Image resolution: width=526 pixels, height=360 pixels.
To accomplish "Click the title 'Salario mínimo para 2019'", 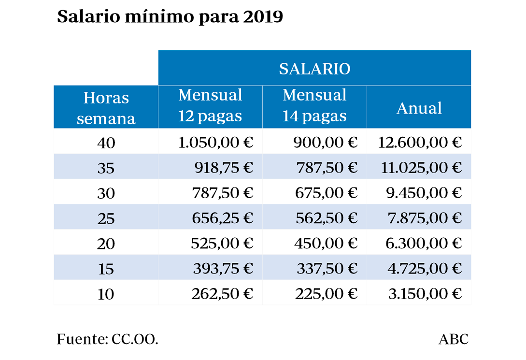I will coord(170,16).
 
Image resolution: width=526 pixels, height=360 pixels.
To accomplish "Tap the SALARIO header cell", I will coord(314,69).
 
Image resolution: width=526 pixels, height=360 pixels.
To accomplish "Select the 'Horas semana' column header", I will coord(106,107).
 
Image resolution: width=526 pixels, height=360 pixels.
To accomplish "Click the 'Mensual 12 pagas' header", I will coord(210,106).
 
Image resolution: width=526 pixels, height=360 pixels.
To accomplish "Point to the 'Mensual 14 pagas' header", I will coord(314,106).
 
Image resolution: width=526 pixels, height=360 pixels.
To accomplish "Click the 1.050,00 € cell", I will coord(215,142).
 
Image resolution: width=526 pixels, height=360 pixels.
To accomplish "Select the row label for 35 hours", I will coord(106,168).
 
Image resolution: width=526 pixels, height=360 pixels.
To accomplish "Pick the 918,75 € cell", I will coord(224,168).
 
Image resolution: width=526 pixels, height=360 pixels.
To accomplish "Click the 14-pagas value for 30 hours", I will coord(326,193).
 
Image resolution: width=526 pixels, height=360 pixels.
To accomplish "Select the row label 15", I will coord(106,269).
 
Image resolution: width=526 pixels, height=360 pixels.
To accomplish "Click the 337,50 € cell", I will coord(326,268).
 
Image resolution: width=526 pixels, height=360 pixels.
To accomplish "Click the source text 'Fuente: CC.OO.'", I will coord(108,339).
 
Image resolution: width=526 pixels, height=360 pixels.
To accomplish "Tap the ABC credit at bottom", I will coord(454,339).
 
